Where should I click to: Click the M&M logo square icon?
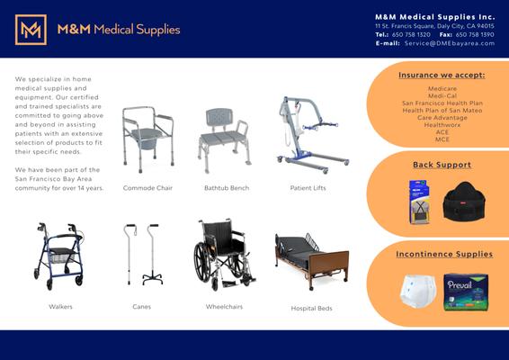31,30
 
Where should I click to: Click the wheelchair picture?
223,255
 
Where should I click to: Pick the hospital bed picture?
310,259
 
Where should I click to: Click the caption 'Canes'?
142,307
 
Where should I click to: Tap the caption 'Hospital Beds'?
311,308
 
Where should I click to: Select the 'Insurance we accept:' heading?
442,76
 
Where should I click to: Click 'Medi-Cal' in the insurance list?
442,96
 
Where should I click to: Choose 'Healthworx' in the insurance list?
442,125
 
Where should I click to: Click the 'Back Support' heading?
442,165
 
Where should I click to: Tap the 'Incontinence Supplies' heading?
444,254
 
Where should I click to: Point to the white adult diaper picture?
418,291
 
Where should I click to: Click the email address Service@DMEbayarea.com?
450,43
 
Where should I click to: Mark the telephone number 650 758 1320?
411,34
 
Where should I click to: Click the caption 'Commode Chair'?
147,188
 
